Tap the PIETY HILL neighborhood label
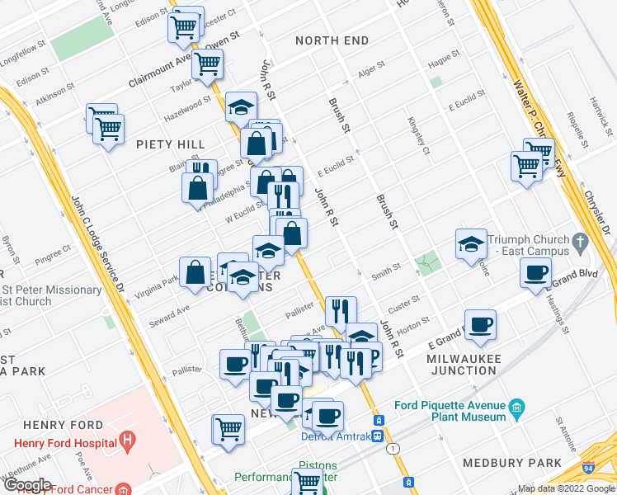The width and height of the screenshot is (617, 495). tap(171, 144)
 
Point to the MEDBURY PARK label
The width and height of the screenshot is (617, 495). tap(511, 463)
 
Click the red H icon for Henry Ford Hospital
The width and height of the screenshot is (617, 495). tap(127, 441)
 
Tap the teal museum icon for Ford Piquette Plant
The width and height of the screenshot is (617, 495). tap(517, 408)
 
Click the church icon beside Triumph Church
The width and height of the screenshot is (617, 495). tap(580, 243)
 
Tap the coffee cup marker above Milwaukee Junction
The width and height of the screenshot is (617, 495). tap(480, 324)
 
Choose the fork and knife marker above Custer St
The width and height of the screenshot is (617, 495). tap(341, 311)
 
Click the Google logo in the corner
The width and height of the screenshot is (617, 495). tap(27, 485)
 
